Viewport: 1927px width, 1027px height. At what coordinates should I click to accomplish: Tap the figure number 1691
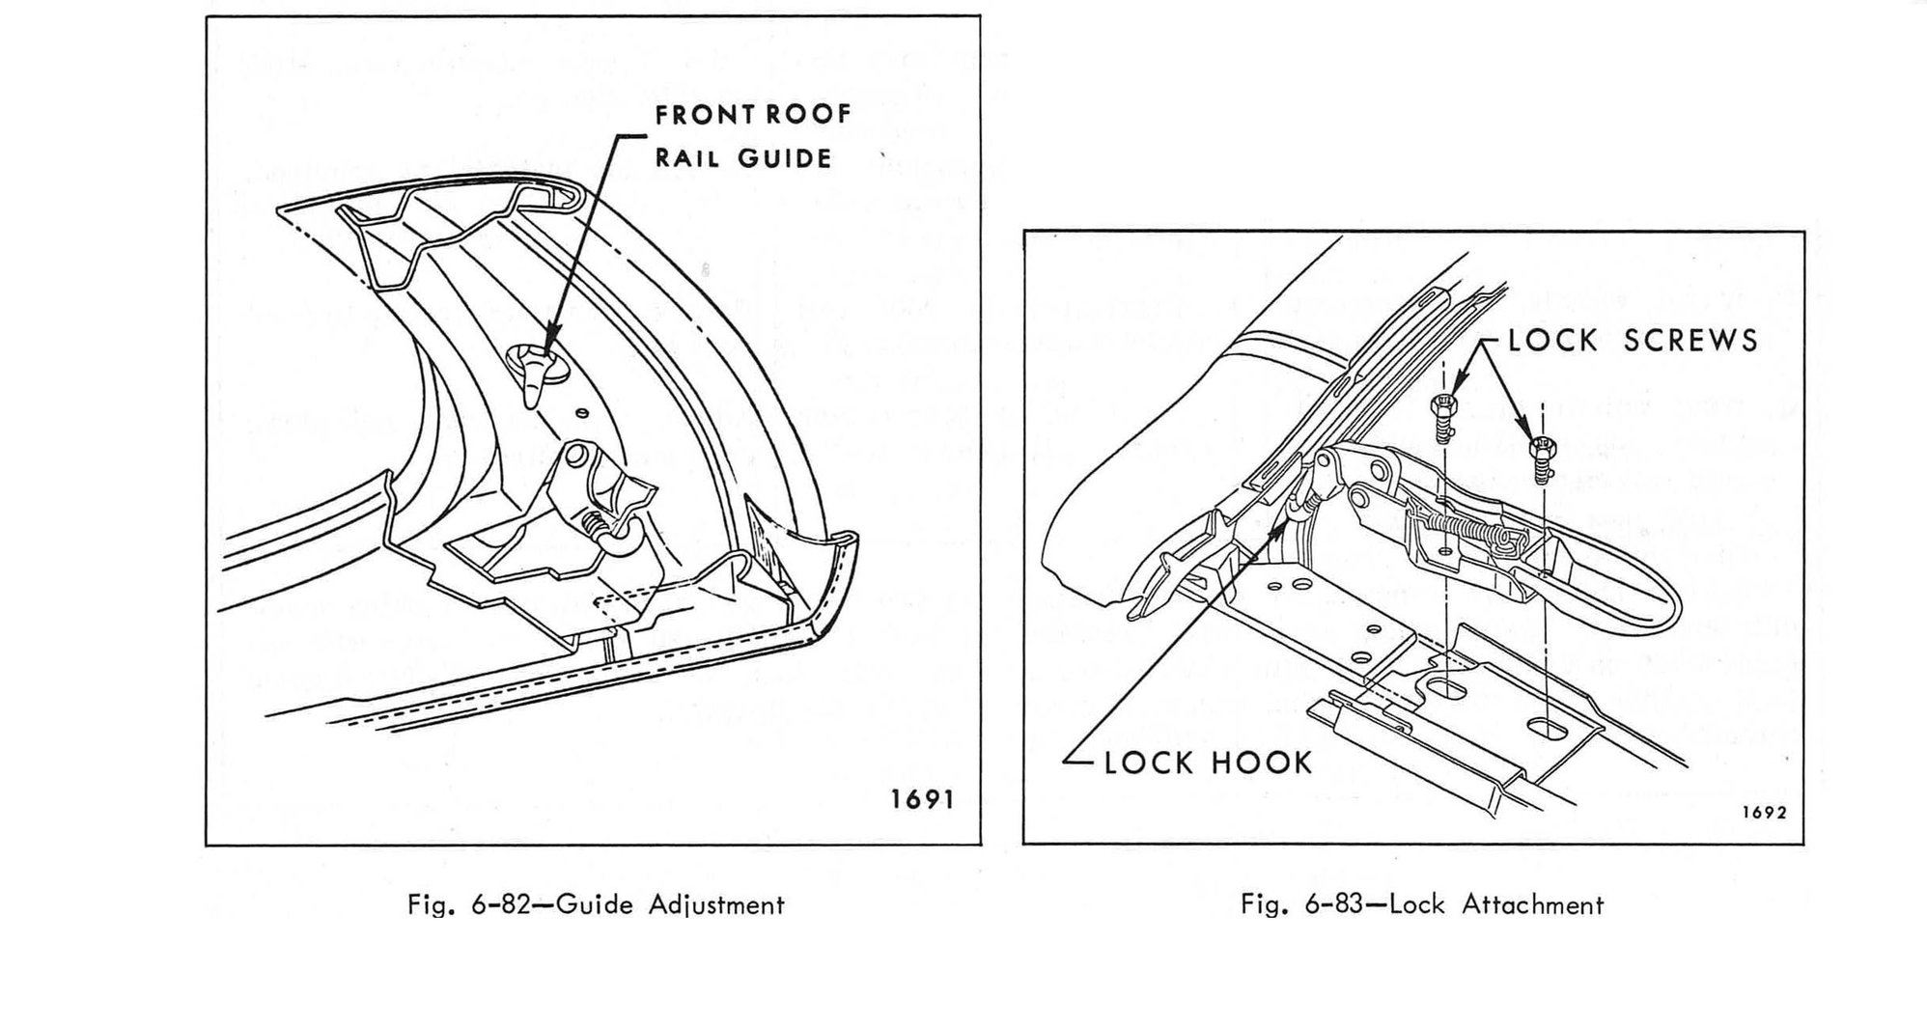tap(922, 800)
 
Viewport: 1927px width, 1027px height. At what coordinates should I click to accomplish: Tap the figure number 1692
tap(1764, 813)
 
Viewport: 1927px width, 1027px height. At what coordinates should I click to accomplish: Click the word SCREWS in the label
tap(1690, 341)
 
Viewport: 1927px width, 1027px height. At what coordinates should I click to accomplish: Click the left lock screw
tap(1440, 417)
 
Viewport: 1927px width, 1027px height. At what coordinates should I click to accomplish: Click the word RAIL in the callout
tap(687, 158)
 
